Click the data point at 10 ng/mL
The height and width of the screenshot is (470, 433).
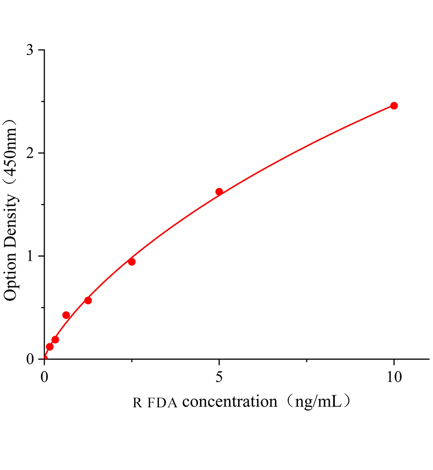394,106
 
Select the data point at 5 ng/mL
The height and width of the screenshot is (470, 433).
219,192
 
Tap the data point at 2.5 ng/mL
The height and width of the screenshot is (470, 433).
132,262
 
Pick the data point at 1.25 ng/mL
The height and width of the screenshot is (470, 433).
88,300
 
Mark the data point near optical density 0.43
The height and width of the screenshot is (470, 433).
66,315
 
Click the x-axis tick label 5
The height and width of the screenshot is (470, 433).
219,377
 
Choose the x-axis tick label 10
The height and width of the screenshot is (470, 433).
394,377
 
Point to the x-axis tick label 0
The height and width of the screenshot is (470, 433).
44,377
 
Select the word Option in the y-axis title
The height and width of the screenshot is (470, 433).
11,276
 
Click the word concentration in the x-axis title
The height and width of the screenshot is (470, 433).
230,401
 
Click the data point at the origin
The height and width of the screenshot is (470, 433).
45,358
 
